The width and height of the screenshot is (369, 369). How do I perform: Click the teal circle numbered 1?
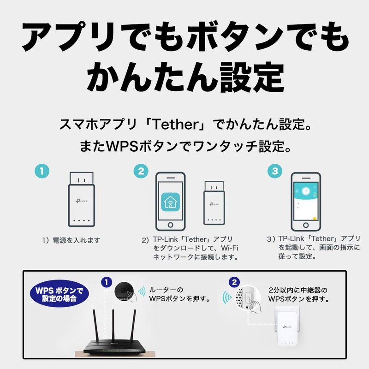pyautogui.click(x=42, y=171)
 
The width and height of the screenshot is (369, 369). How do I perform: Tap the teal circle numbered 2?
pyautogui.click(x=141, y=171)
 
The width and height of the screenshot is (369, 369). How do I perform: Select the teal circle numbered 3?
pyautogui.click(x=275, y=171)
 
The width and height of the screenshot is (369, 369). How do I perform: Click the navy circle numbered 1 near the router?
pyautogui.click(x=106, y=281)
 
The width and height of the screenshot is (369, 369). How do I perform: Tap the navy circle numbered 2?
pyautogui.click(x=235, y=281)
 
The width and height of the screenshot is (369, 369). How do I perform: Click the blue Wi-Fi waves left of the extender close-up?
pyautogui.click(x=226, y=297)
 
